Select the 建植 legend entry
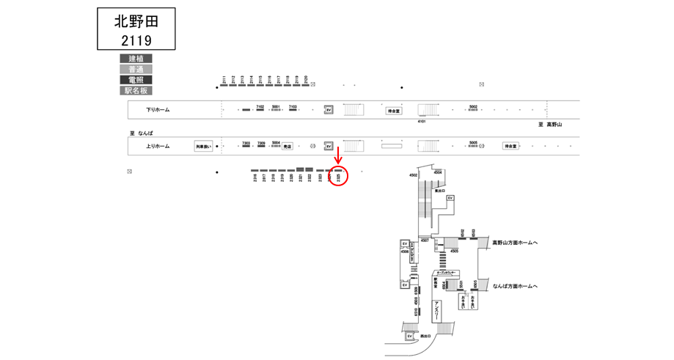[x=136, y=59]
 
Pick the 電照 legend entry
[x=136, y=80]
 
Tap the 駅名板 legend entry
[x=136, y=91]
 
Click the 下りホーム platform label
[x=157, y=110]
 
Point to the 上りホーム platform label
[x=157, y=147]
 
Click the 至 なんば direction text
[x=141, y=133]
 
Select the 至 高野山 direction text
[x=550, y=125]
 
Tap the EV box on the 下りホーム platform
[x=329, y=110]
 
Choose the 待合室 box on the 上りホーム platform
[x=510, y=146]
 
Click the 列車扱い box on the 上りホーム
[x=203, y=147]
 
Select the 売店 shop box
[x=287, y=146]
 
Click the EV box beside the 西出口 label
[x=410, y=336]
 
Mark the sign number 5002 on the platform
[x=473, y=106]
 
